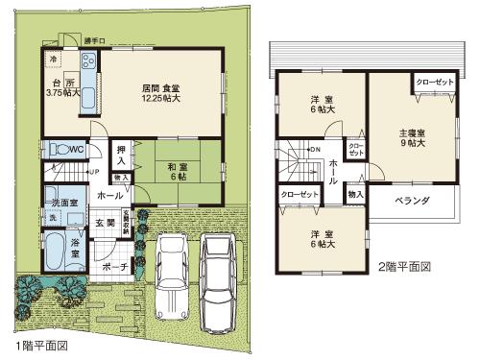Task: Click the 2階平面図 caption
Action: [405, 265]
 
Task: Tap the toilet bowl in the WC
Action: [59, 151]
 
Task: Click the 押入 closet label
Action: [122, 157]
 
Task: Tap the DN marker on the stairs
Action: [314, 150]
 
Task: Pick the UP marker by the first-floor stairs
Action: [92, 172]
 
